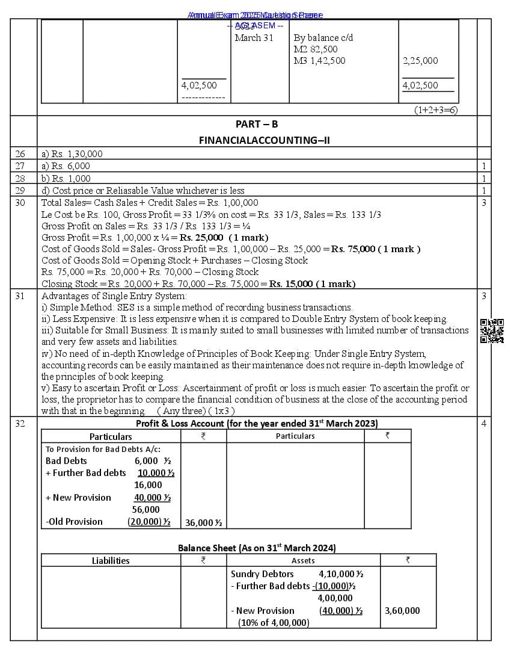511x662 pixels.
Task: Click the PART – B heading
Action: [x=257, y=125]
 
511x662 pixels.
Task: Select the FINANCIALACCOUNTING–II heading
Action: [x=265, y=140]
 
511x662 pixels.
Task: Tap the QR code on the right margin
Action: [x=492, y=331]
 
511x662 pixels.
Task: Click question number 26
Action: [x=20, y=154]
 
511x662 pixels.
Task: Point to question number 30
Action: [x=20, y=203]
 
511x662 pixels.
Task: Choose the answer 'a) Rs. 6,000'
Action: [x=66, y=166]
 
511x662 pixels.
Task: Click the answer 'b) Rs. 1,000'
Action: [x=66, y=179]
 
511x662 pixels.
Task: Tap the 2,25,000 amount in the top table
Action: [x=420, y=61]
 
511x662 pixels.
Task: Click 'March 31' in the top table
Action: [x=254, y=37]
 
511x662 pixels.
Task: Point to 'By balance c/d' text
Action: [x=323, y=37]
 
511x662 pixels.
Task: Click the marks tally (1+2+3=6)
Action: [x=436, y=110]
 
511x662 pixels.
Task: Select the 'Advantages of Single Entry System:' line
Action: [x=114, y=296]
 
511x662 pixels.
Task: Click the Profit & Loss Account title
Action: [x=257, y=423]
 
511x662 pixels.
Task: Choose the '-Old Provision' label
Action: [x=74, y=522]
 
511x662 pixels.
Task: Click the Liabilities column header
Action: [x=111, y=561]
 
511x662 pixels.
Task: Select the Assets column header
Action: [x=303, y=561]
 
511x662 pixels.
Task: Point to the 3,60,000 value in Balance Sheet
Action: [x=402, y=611]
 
